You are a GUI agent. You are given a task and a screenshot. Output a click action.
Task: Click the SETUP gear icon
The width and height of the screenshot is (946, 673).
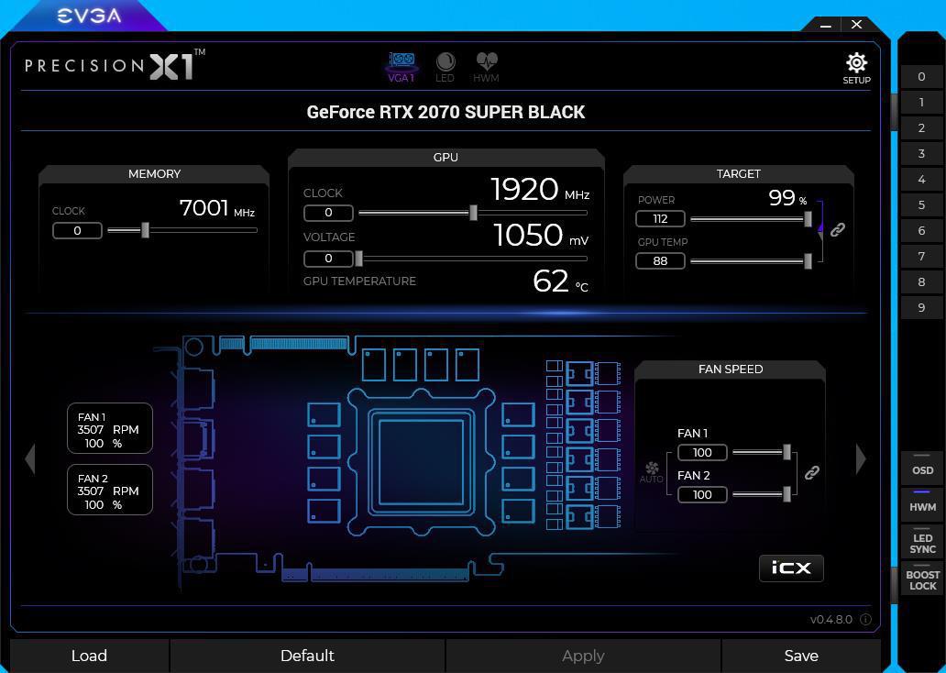pyautogui.click(x=856, y=62)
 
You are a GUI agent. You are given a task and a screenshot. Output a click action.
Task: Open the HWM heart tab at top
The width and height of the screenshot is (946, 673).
pyautogui.click(x=486, y=61)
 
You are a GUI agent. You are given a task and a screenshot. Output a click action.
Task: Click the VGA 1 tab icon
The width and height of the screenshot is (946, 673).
pyautogui.click(x=401, y=61)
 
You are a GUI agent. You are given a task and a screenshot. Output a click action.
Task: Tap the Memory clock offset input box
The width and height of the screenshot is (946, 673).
pyautogui.click(x=77, y=230)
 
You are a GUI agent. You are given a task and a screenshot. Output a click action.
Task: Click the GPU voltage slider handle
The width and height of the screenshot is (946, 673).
pyautogui.click(x=359, y=259)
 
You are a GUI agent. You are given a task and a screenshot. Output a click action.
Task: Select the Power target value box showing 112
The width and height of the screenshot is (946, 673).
pyautogui.click(x=660, y=218)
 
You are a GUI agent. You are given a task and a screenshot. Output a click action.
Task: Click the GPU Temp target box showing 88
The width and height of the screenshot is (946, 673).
pyautogui.click(x=660, y=260)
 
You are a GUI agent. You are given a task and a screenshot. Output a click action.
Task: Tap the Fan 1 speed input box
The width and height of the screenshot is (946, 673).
pyautogui.click(x=702, y=453)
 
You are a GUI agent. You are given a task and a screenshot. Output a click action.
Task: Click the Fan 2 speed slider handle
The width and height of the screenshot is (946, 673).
pyautogui.click(x=786, y=494)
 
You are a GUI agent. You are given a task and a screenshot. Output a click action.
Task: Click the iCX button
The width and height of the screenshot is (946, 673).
pyautogui.click(x=791, y=568)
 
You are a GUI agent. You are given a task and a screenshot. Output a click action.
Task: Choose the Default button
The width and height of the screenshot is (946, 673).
pyautogui.click(x=307, y=656)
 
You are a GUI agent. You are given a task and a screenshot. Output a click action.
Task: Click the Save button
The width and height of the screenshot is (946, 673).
pyautogui.click(x=801, y=656)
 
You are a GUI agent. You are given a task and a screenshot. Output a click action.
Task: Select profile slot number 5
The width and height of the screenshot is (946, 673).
pyautogui.click(x=921, y=205)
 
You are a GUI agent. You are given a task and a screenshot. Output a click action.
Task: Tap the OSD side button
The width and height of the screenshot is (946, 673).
pyautogui.click(x=922, y=469)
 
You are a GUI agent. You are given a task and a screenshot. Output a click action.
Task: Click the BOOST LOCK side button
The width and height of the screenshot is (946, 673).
pyautogui.click(x=922, y=579)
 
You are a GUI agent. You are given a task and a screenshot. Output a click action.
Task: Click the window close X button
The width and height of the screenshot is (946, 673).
pyautogui.click(x=857, y=24)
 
